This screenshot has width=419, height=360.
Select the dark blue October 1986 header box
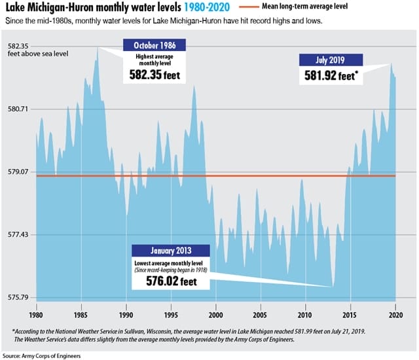pos(155,45)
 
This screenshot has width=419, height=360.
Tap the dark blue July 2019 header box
pos(331,60)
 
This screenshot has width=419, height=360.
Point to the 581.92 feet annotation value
pos(331,75)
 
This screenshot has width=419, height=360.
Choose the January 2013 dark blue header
pos(171,251)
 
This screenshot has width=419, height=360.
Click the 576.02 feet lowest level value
pos(169,282)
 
